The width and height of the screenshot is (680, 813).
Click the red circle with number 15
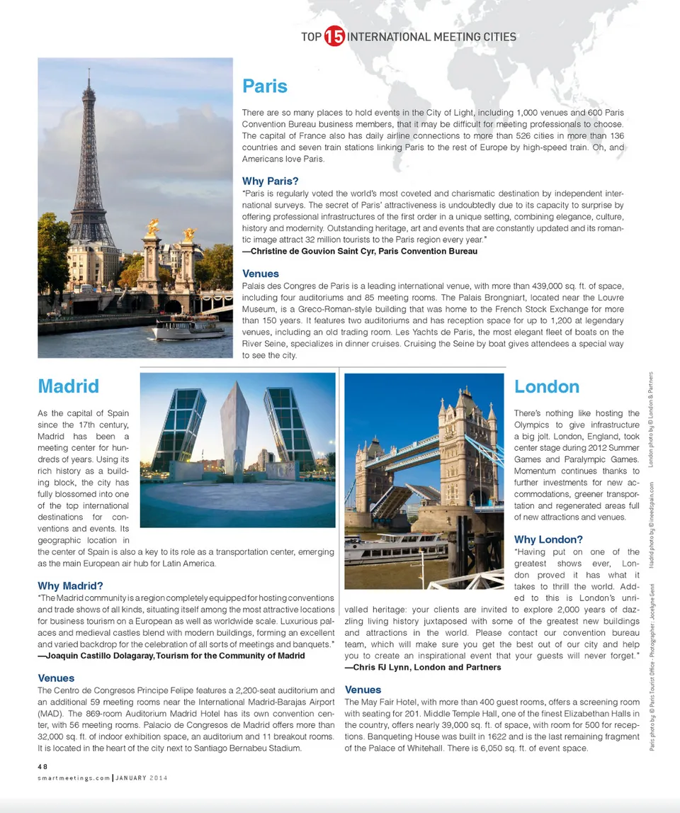pos(334,37)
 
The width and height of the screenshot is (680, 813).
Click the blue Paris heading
pos(265,86)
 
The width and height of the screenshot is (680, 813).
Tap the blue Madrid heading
pos(68,386)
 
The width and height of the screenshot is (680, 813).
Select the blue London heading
pos(547,386)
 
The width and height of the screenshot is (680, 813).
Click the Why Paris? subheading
pos(270,181)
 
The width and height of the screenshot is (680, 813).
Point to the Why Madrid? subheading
pos(70,585)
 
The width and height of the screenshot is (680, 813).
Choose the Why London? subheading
pos(548,539)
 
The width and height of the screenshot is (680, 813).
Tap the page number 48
pos(42,766)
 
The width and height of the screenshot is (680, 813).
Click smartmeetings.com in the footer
pos(73,777)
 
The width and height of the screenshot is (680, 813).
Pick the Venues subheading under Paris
pos(261,274)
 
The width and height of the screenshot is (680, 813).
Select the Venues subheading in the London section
pos(363,690)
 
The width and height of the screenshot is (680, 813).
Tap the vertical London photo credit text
pos(651,418)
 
